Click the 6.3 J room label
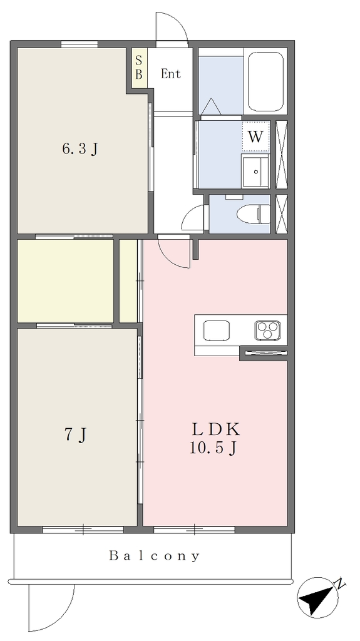(80, 149)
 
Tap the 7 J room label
(76, 435)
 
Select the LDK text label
(215, 429)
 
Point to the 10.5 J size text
(213, 448)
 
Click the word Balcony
(155, 556)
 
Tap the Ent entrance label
(170, 74)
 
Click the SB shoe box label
(139, 68)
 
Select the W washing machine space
(255, 136)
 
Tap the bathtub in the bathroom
(266, 81)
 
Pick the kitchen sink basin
(217, 331)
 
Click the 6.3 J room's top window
(80, 44)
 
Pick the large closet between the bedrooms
(66, 281)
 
